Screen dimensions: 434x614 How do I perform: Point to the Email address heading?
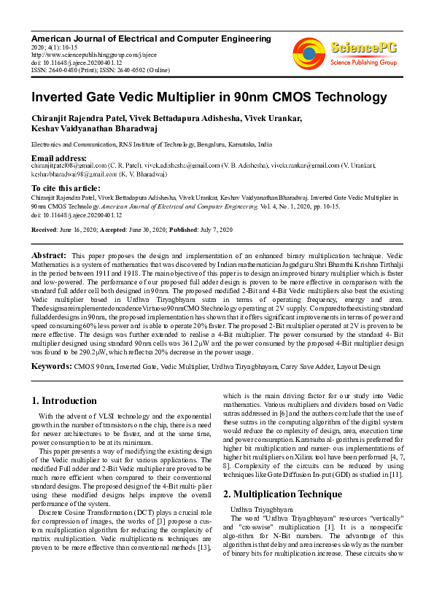[58, 158]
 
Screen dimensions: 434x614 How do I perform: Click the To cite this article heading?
[66, 188]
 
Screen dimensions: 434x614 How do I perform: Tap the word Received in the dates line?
[44, 230]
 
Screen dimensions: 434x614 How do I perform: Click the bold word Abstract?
[49, 255]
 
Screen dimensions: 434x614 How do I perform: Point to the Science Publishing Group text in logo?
[364, 63]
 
